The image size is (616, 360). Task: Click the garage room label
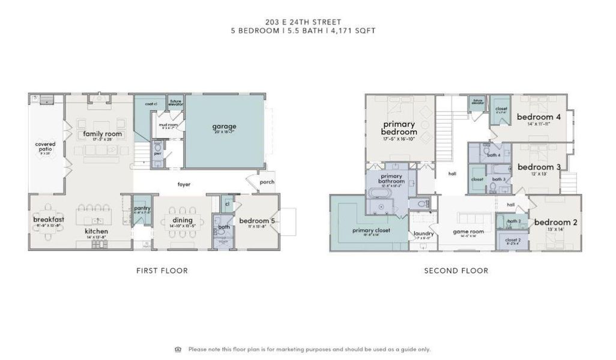click(x=223, y=127)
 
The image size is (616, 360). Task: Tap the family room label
click(x=103, y=134)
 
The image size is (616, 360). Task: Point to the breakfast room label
click(x=49, y=220)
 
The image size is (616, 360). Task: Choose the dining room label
click(x=183, y=220)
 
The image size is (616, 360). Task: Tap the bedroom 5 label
click(x=256, y=221)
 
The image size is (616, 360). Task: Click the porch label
click(x=267, y=182)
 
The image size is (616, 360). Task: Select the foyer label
click(x=184, y=184)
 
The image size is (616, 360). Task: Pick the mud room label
click(x=167, y=125)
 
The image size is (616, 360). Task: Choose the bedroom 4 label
click(x=539, y=118)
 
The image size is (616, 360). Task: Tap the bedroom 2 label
click(x=555, y=223)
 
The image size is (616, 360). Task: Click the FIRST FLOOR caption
click(x=162, y=271)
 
